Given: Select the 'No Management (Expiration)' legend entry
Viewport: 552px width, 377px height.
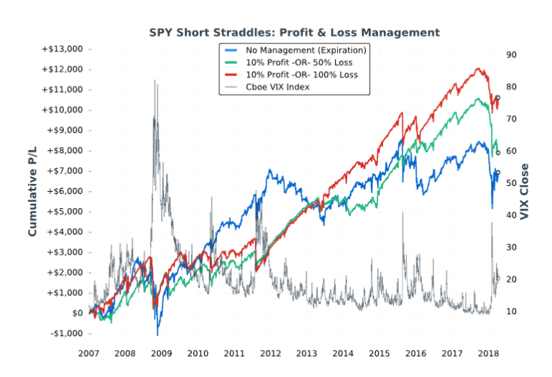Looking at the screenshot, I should (305, 50).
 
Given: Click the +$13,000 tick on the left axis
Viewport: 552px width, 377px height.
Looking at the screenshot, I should (62, 49).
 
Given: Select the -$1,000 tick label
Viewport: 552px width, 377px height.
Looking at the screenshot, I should (64, 333).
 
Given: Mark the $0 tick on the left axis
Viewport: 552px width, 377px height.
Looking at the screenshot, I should (77, 313).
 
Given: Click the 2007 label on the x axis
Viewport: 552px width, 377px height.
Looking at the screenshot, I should (88, 353).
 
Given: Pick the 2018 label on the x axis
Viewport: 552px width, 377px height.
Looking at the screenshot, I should (489, 353).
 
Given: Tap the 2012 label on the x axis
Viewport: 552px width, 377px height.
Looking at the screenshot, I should (270, 353).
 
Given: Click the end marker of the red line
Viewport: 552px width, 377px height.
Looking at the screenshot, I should (497, 98).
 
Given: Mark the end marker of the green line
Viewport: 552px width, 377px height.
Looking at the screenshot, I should (497, 152).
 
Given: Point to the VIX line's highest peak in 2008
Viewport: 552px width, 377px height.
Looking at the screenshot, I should (155, 80).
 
